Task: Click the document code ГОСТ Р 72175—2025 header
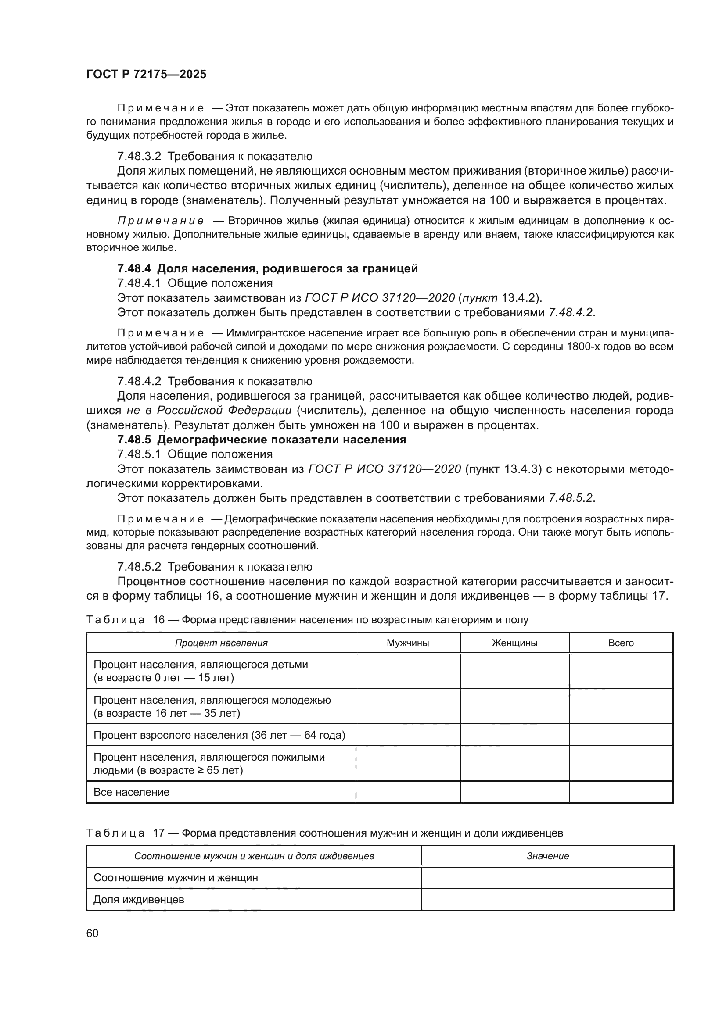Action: pyautogui.click(x=146, y=75)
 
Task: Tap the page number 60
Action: pyautogui.click(x=93, y=933)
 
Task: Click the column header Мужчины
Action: pyautogui.click(x=408, y=643)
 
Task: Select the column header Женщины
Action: pyautogui.click(x=514, y=643)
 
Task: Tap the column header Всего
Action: pyautogui.click(x=621, y=643)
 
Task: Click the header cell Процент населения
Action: pyautogui.click(x=221, y=643)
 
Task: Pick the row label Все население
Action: pyautogui.click(x=131, y=792)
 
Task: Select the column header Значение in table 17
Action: pyautogui.click(x=548, y=856)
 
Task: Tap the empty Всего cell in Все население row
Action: pyautogui.click(x=621, y=792)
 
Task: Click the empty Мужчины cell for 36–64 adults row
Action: pyautogui.click(x=408, y=735)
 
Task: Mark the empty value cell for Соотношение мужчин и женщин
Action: pyautogui.click(x=548, y=878)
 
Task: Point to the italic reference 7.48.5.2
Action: pyautogui.click(x=571, y=498)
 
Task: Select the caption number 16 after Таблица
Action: pyautogui.click(x=159, y=620)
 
